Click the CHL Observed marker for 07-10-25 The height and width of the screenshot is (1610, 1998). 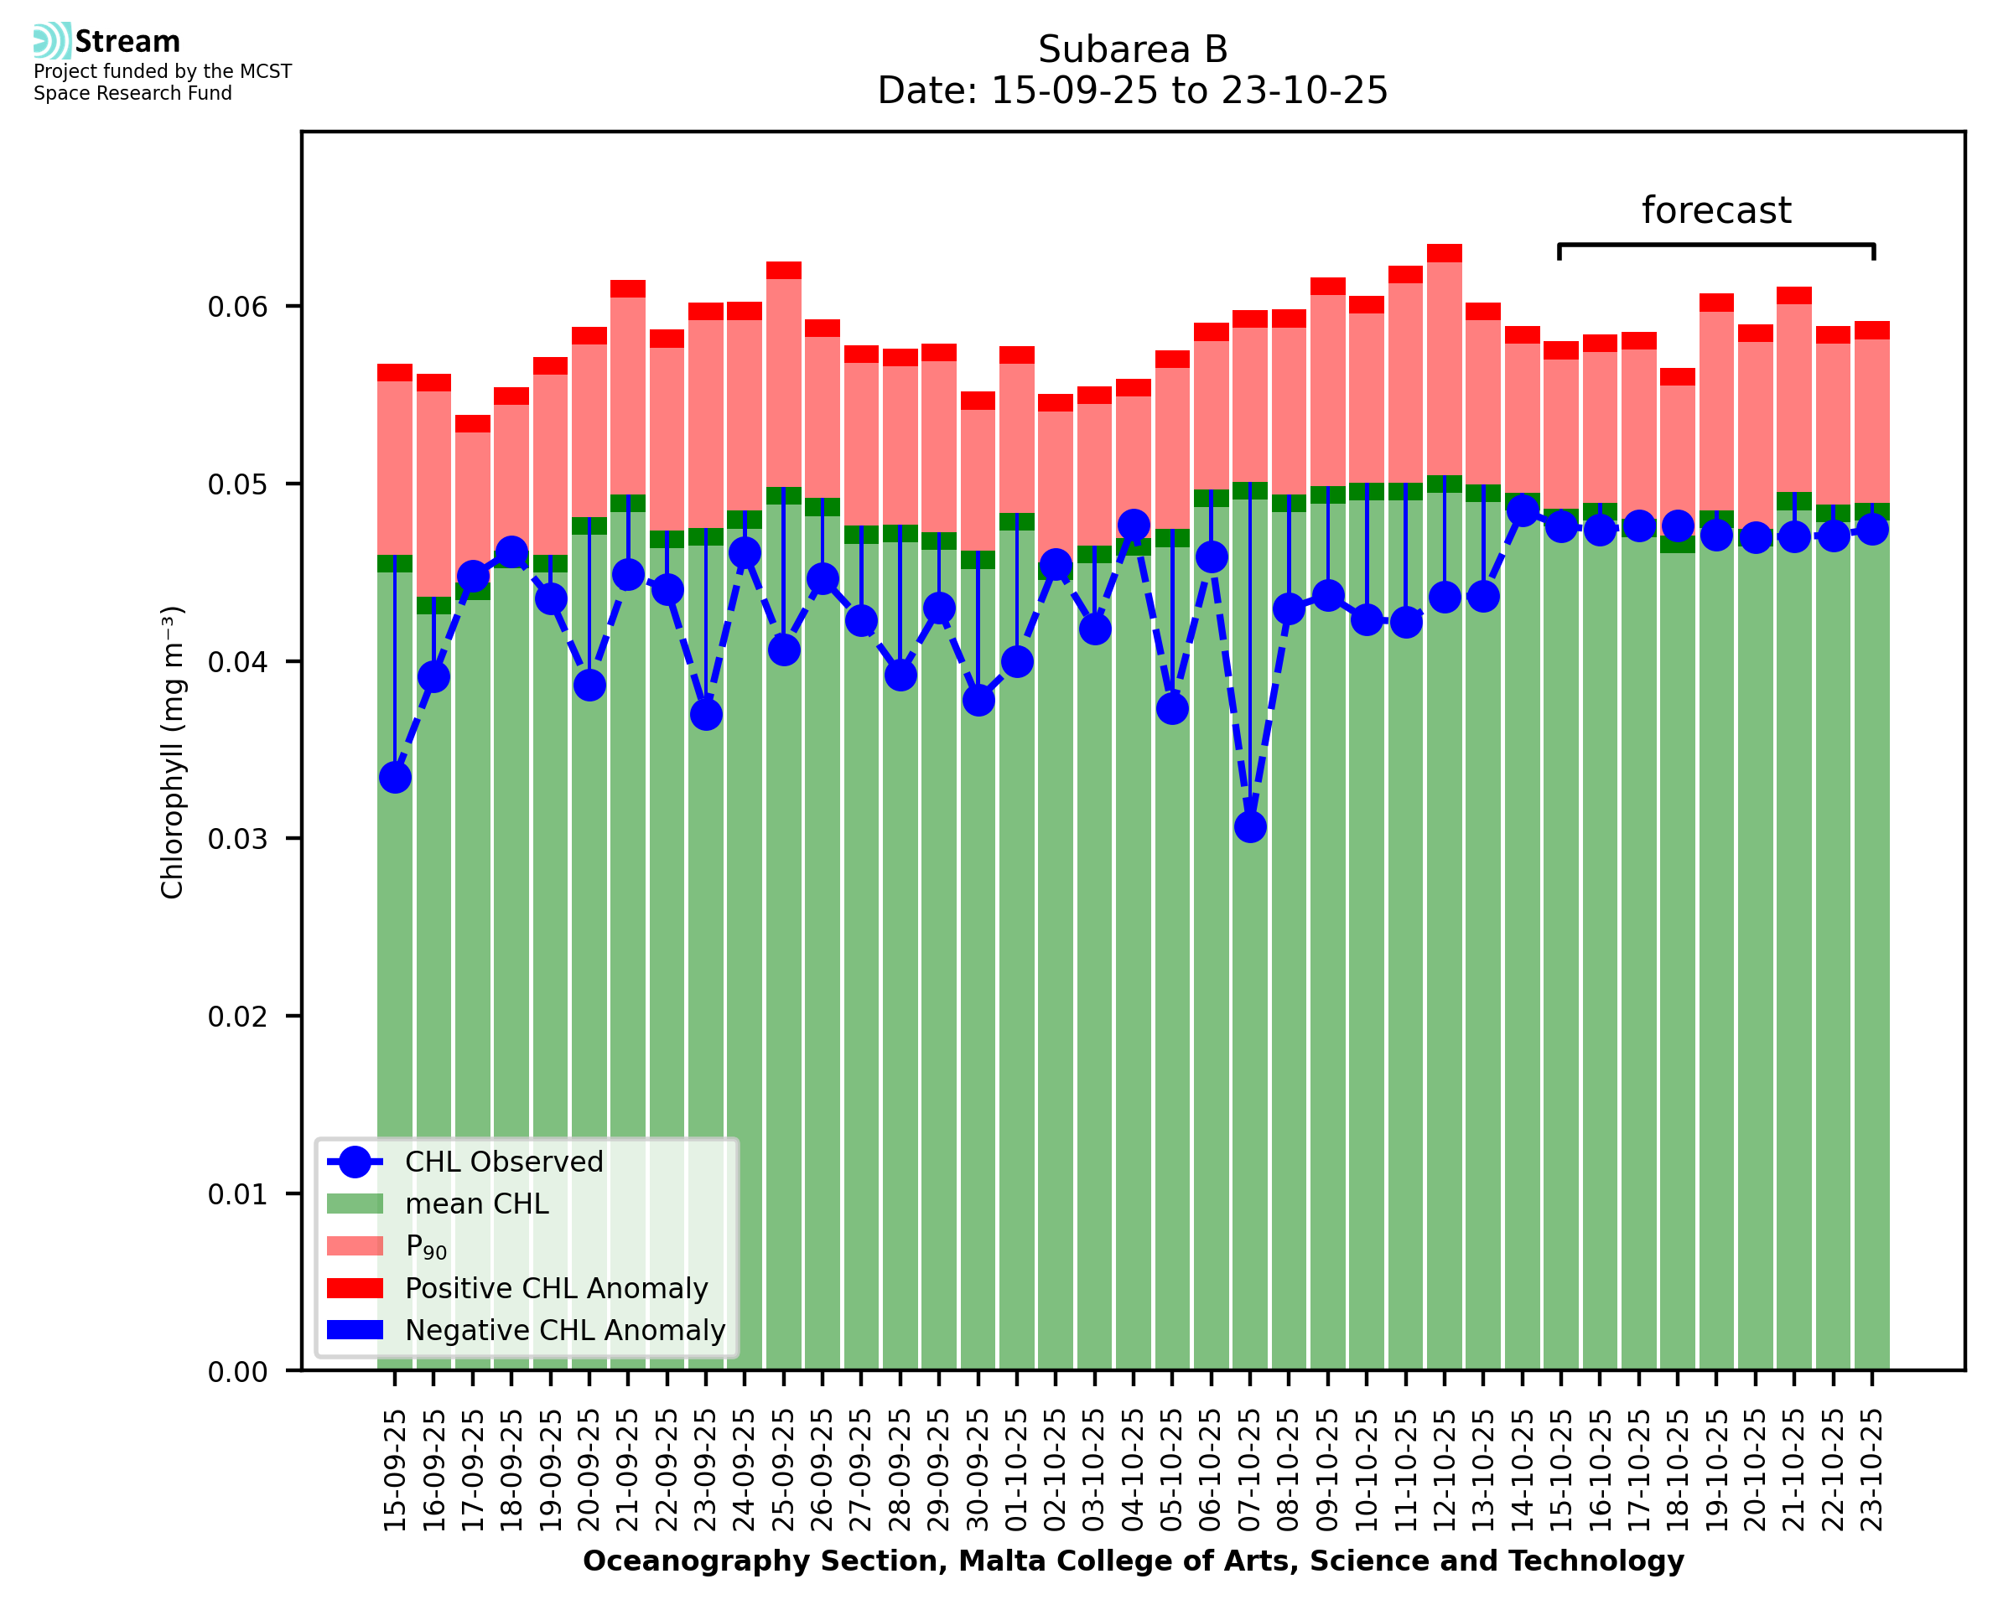click(1249, 826)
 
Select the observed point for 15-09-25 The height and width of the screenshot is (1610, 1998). click(395, 777)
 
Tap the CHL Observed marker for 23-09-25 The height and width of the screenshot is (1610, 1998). click(706, 714)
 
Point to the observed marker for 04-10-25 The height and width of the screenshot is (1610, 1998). click(1133, 525)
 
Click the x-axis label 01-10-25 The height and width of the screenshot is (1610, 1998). click(1017, 1471)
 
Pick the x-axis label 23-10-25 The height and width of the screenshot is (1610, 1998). click(1872, 1471)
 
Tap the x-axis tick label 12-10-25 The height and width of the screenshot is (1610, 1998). click(1445, 1471)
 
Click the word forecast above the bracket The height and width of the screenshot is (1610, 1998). click(1716, 210)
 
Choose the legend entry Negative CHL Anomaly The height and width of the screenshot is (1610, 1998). click(564, 1330)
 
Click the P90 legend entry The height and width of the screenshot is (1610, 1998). click(426, 1246)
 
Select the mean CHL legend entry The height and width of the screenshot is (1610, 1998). click(477, 1204)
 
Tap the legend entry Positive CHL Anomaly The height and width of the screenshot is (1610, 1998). click(556, 1288)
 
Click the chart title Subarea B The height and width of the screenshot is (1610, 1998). click(1133, 49)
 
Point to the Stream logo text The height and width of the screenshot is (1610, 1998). click(127, 42)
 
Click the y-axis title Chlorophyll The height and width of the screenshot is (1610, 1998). click(173, 752)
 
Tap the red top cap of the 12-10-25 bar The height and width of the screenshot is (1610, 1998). click(1445, 253)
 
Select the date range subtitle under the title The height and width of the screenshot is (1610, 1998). click(1133, 91)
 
